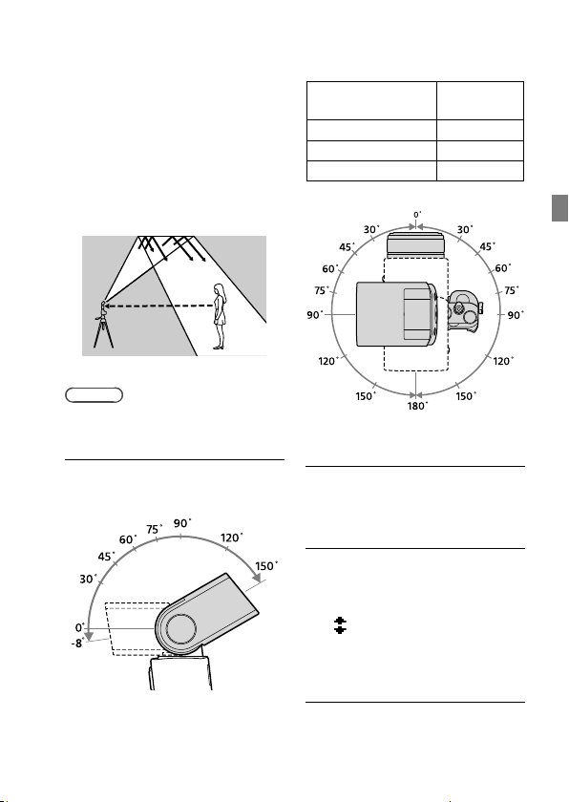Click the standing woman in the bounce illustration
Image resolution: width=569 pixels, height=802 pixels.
(220, 317)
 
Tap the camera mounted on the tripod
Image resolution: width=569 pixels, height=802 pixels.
(103, 308)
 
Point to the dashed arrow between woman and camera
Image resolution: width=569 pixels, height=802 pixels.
(159, 306)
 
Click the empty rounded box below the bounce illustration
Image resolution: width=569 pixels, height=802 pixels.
(95, 395)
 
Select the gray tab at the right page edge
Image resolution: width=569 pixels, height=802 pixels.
(559, 208)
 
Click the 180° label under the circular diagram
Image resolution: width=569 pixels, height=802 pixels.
(417, 406)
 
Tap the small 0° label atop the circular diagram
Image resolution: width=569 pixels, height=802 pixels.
(417, 215)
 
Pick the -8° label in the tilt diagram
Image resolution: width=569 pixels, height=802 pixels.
(77, 644)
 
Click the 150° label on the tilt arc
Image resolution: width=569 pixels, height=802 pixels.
(265, 566)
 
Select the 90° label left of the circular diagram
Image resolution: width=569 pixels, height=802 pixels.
(315, 315)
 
